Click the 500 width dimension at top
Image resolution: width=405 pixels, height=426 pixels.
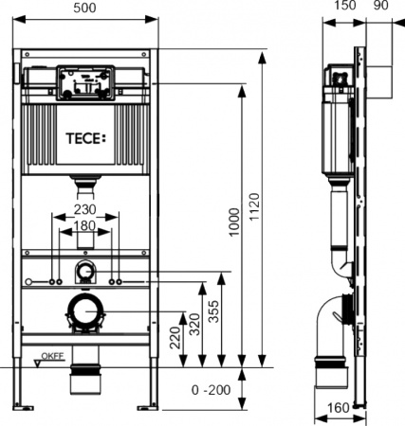point(86,7)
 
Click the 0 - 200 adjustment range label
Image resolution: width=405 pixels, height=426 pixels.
point(210,390)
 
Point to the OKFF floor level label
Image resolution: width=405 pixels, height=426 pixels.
point(51,358)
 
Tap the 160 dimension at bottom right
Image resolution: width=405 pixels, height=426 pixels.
point(338,410)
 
